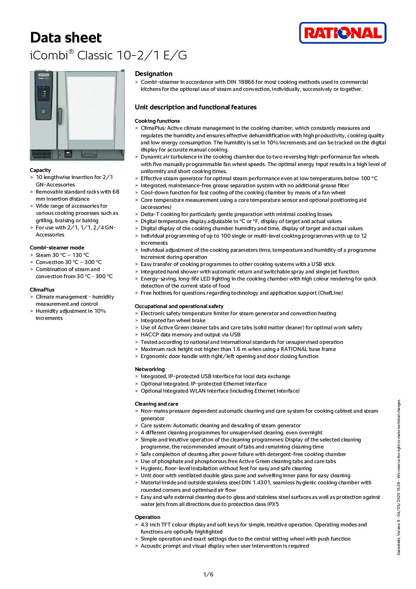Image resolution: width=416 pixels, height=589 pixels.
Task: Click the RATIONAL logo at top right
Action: (342, 33)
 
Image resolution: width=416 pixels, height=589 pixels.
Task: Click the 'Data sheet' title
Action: (66, 38)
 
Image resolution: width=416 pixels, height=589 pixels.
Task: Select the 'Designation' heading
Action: (153, 74)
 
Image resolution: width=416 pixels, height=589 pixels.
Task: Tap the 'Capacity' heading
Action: (40, 170)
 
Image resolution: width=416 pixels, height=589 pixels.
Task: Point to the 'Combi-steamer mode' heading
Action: (57, 247)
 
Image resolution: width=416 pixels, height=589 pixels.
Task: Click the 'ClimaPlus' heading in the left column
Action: (42, 290)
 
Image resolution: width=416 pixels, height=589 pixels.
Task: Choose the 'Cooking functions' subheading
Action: (157, 121)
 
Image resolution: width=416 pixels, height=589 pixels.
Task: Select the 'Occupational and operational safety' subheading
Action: (179, 306)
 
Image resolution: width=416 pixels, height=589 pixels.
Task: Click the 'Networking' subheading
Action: (150, 369)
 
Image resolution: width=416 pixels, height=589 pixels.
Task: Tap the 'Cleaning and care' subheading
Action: (156, 404)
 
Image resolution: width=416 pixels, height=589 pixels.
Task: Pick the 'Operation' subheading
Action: (147, 517)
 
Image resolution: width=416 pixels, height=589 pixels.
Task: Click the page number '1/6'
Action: (208, 574)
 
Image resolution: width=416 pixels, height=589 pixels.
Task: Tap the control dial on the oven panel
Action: (43, 112)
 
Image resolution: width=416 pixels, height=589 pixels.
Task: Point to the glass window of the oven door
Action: (91, 108)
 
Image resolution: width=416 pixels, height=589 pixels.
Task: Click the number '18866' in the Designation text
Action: (246, 82)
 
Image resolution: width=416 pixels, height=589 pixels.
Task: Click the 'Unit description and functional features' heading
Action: (195, 107)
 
